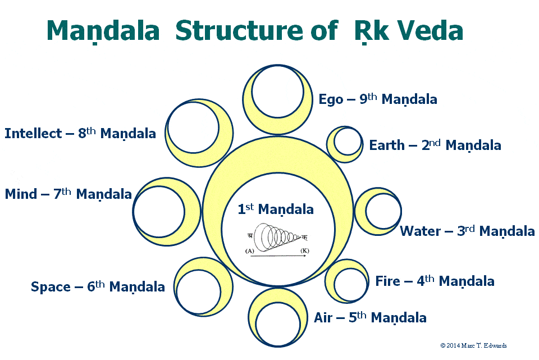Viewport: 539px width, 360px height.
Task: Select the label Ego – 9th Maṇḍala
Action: pyautogui.click(x=377, y=99)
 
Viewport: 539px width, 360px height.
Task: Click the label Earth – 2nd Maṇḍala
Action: pyautogui.click(x=435, y=145)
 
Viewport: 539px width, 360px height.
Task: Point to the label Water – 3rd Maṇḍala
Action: pyautogui.click(x=467, y=231)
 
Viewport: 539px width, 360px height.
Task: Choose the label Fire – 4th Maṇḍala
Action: pyautogui.click(x=435, y=281)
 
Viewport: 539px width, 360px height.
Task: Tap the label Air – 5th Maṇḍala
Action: pyautogui.click(x=370, y=317)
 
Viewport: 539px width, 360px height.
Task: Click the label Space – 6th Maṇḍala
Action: pyautogui.click(x=98, y=286)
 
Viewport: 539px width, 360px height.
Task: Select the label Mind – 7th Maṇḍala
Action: pyautogui.click(x=68, y=194)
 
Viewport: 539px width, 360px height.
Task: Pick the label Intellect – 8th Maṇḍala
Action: pyautogui.click(x=80, y=134)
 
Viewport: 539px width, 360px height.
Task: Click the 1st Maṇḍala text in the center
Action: pyautogui.click(x=276, y=209)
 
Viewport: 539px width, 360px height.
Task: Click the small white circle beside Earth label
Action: pyautogui.click(x=348, y=142)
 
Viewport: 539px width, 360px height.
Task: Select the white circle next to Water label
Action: pyautogui.click(x=383, y=211)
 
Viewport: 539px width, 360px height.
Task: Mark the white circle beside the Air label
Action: pyautogui.click(x=277, y=325)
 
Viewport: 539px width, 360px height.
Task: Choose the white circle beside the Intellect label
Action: pyautogui.click(x=192, y=127)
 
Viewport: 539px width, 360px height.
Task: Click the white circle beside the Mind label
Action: pyautogui.click(x=159, y=211)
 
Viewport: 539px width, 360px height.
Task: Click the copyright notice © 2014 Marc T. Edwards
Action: pyautogui.click(x=473, y=345)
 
